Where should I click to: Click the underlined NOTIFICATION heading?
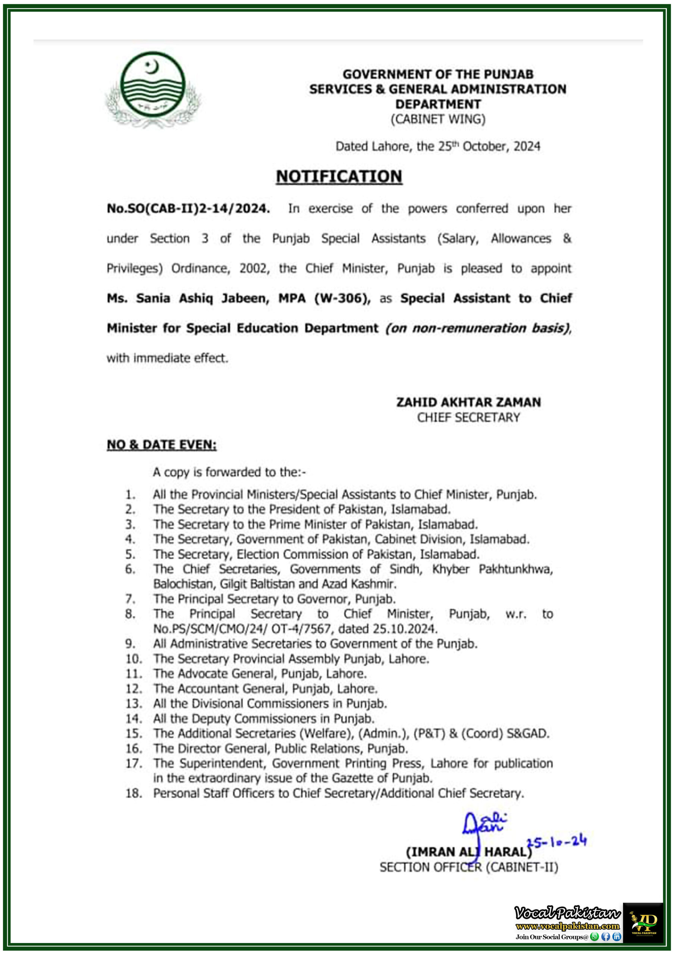(339, 176)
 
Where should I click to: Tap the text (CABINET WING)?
(437, 119)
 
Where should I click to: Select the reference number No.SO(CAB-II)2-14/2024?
(188, 209)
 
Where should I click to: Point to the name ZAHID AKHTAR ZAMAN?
(468, 402)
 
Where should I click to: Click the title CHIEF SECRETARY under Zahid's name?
(468, 417)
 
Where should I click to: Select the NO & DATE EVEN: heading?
(161, 445)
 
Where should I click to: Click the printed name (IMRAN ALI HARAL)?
(468, 852)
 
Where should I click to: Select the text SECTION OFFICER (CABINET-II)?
(468, 868)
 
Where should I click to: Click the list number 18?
(134, 793)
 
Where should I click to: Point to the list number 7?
(130, 599)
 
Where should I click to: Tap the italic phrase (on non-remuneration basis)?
(478, 328)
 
